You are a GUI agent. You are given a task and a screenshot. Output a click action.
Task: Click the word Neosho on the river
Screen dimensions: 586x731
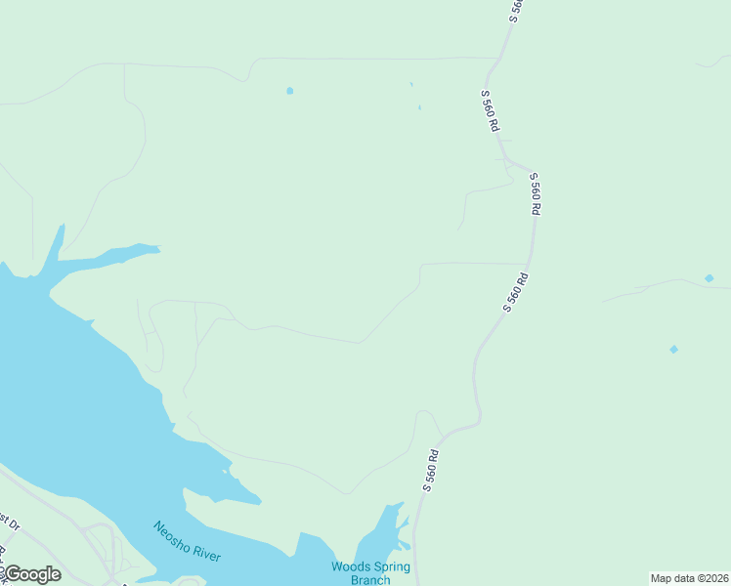[x=171, y=535]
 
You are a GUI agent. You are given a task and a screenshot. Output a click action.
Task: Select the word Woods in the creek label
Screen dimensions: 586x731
[x=349, y=566]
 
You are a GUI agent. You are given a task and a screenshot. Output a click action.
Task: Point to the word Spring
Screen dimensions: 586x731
[x=391, y=566]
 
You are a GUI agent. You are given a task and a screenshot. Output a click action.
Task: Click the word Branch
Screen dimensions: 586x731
[x=370, y=579]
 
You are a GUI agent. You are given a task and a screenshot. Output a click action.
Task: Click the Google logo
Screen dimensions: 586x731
[x=32, y=574]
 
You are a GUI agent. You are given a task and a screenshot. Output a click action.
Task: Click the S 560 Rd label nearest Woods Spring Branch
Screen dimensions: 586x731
[x=433, y=470]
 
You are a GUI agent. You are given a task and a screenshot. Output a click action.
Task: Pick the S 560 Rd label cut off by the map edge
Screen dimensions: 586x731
[x=517, y=10]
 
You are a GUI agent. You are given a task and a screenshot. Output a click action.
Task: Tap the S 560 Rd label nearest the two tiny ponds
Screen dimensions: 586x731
[x=490, y=111]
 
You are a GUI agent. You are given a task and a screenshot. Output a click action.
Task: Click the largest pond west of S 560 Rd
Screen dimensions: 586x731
[x=289, y=91]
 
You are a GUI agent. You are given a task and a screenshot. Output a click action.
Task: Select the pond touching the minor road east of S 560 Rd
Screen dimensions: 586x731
[x=709, y=278]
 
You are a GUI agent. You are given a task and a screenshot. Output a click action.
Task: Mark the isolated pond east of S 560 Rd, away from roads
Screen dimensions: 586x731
[x=673, y=349]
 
